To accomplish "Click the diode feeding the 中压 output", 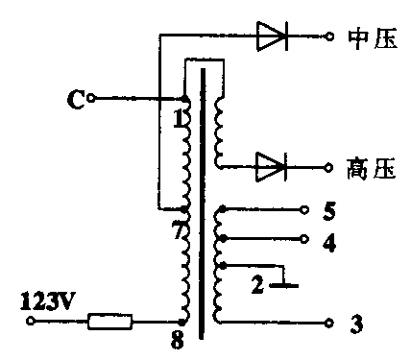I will click(273, 37).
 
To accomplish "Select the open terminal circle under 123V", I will click(29, 322).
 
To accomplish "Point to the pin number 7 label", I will click(177, 230).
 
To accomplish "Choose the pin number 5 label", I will click(329, 209).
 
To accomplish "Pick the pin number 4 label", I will click(329, 243).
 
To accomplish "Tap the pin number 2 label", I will click(257, 284).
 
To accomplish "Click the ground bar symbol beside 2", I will click(285, 284).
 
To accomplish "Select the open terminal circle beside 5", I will click(304, 208).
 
